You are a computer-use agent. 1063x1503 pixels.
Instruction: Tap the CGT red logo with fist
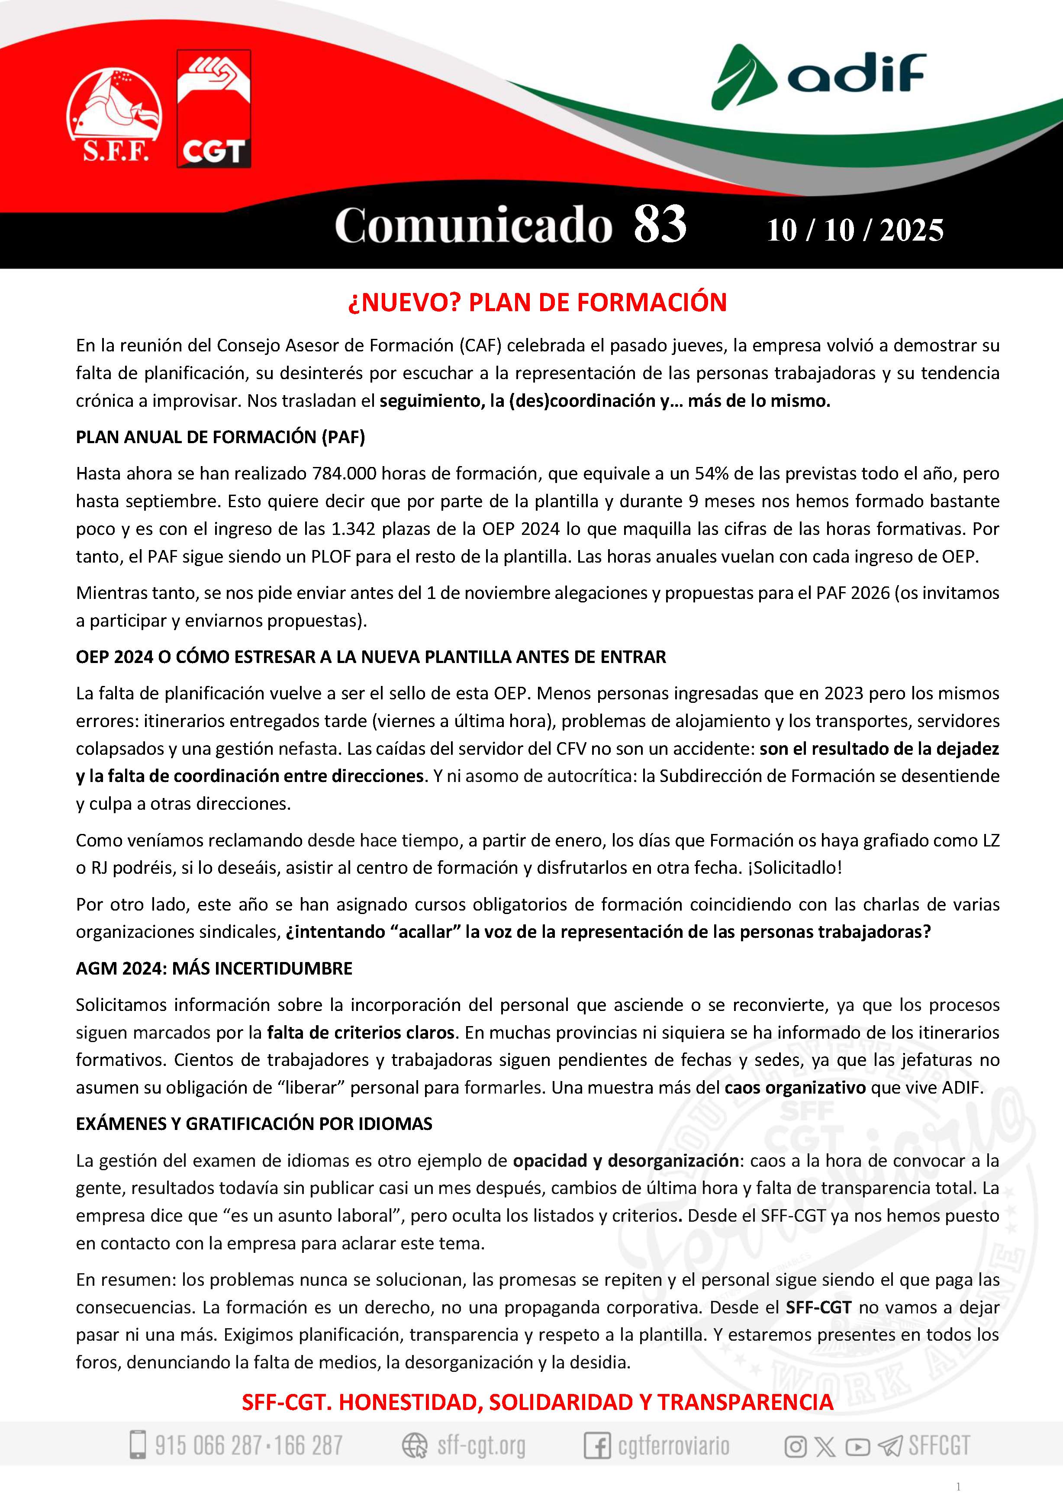point(213,109)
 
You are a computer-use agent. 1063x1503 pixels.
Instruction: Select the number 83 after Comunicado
point(659,225)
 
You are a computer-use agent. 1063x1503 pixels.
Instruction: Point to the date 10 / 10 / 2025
point(855,230)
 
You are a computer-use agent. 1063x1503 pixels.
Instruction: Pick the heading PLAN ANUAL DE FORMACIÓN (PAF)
point(220,437)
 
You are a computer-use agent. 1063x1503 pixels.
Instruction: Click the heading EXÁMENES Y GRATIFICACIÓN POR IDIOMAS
point(254,1123)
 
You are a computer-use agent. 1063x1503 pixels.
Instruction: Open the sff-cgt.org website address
point(481,1445)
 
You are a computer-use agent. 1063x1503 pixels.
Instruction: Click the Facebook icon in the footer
point(597,1445)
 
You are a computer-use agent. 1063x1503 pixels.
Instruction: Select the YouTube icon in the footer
point(857,1446)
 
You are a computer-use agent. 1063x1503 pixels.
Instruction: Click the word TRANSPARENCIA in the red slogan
point(745,1402)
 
